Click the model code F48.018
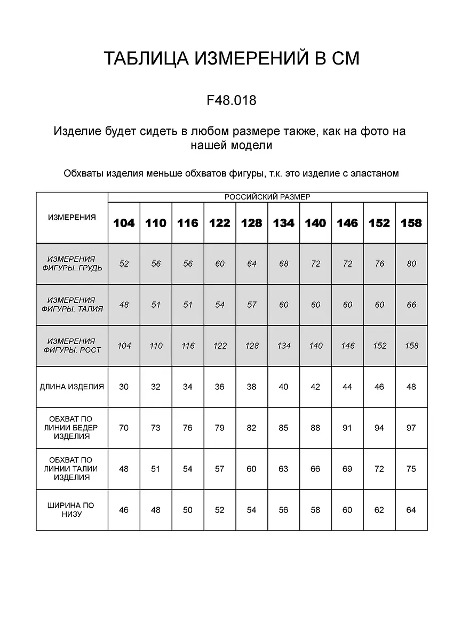point(231,100)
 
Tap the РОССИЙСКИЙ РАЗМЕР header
point(267,197)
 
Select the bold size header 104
point(124,223)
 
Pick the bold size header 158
point(411,223)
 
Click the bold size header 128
point(251,223)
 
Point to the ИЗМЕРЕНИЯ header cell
point(72,217)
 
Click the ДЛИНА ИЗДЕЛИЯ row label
point(72,387)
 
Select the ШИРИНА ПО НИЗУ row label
point(71,510)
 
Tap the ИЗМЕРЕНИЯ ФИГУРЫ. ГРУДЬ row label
point(72,263)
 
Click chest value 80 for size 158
point(411,263)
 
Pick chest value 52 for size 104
point(124,263)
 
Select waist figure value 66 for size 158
point(411,305)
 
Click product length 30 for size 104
point(124,387)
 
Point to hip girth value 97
point(411,428)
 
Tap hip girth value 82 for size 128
point(251,428)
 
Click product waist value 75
point(411,469)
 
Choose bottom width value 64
point(411,510)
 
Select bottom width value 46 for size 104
point(124,510)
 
